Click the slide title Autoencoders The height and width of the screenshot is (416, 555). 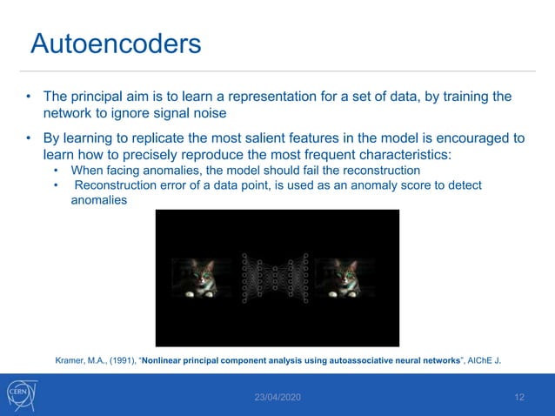click(116, 43)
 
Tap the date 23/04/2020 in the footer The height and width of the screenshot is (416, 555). click(277, 397)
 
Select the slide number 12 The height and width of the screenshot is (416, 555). click(519, 397)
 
